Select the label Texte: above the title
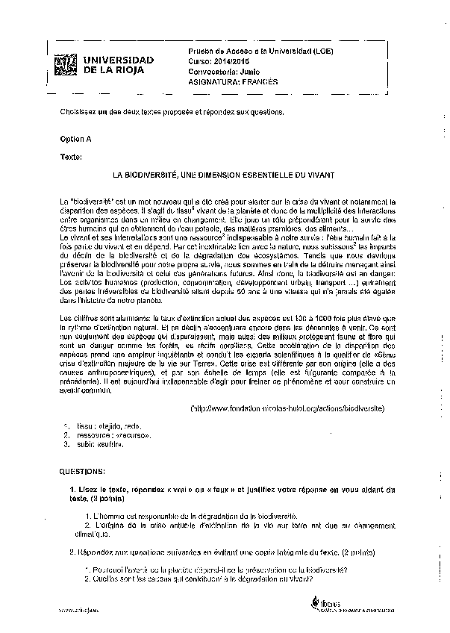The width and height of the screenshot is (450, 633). click(71, 157)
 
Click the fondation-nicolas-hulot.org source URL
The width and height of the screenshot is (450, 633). click(287, 409)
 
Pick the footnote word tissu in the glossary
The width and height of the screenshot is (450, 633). click(84, 425)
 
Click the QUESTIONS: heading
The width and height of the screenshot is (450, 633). click(82, 472)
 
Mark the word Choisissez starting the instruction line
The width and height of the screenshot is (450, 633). click(78, 111)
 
